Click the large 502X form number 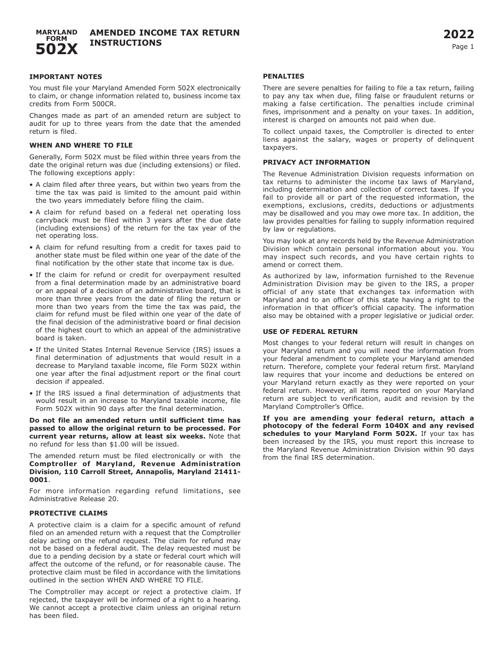[57, 49]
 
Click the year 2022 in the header [459, 35]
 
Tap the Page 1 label [463, 47]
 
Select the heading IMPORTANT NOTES [66, 77]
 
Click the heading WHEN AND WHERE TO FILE [81, 145]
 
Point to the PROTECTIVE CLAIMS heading [68, 513]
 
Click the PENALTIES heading [284, 76]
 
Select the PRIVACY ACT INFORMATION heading [317, 162]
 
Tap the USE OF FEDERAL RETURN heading [310, 332]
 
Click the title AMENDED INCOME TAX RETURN [164, 33]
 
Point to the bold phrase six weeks [188, 436]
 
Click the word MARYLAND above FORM [56, 32]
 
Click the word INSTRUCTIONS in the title [126, 44]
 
